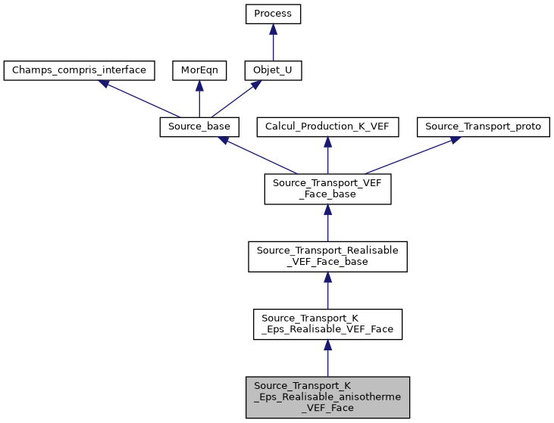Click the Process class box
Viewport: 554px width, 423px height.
coord(273,14)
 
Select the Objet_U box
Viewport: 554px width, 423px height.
coord(273,71)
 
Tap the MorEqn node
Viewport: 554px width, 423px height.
coord(199,71)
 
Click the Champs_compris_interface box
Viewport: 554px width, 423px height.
coord(80,71)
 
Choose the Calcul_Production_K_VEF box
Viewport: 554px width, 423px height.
coord(327,127)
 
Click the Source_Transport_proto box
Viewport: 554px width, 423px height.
coord(483,127)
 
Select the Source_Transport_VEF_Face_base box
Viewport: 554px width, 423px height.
coord(327,189)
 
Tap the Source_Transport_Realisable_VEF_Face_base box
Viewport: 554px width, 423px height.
coord(327,257)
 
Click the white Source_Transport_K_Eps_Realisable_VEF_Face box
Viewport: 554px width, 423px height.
coord(327,324)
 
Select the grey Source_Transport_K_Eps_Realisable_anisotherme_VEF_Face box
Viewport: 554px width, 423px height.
coord(327,397)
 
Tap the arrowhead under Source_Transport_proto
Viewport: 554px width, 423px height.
coord(454,140)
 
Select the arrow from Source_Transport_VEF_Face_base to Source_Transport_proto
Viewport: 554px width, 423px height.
coord(409,157)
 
